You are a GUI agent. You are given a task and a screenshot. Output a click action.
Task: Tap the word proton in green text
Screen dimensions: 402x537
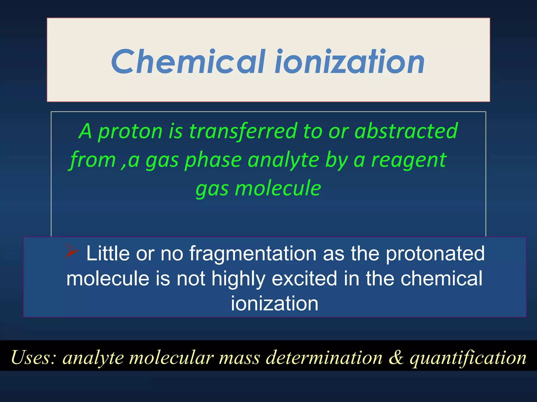coord(130,131)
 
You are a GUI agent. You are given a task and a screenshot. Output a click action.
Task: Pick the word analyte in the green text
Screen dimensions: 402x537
coord(283,160)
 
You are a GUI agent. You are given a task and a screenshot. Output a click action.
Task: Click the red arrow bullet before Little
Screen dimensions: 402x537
coord(71,251)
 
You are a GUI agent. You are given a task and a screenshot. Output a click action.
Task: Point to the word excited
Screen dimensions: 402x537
coord(304,278)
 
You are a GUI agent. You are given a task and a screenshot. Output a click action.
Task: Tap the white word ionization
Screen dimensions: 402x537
coord(275,304)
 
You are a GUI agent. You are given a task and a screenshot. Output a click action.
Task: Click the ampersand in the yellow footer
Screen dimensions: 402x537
coord(396,358)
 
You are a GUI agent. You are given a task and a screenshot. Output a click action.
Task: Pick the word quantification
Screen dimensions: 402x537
coord(468,358)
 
